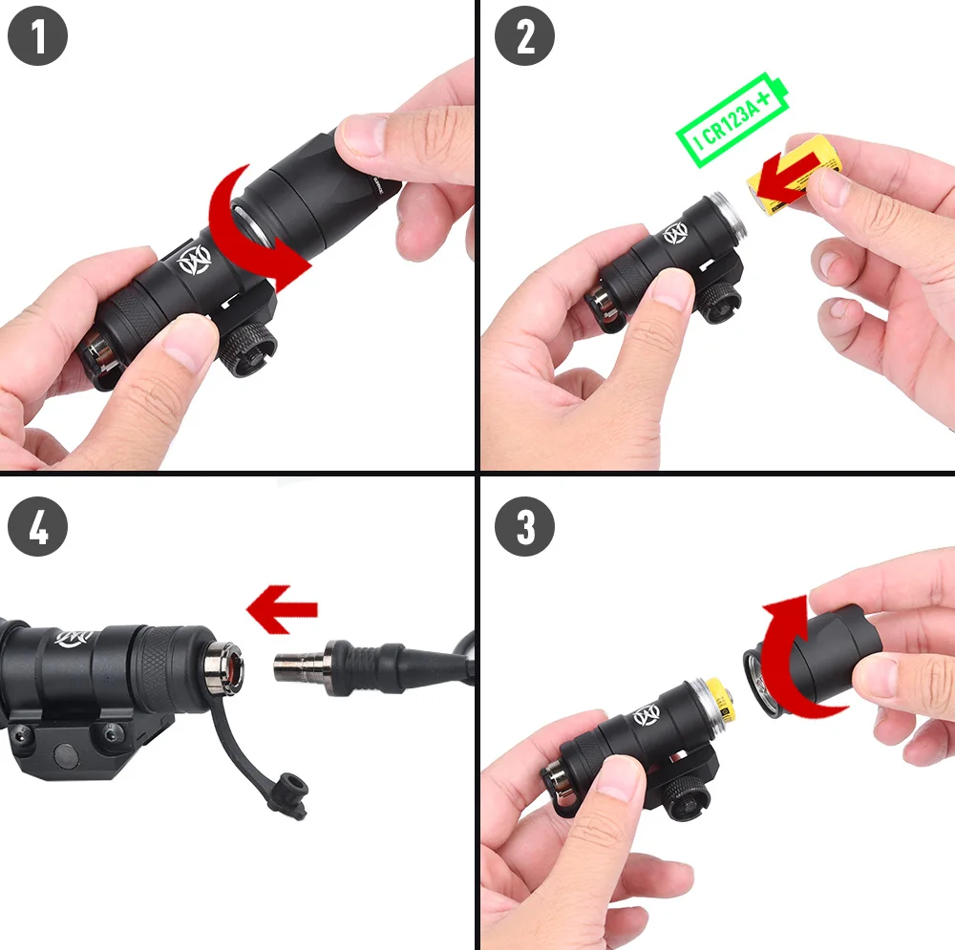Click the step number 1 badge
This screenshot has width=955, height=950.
(x=38, y=35)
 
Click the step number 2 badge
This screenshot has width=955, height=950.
(x=524, y=35)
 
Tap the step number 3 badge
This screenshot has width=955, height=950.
(x=524, y=526)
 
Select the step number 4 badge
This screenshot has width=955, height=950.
(x=38, y=526)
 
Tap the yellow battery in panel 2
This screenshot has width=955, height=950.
(x=795, y=176)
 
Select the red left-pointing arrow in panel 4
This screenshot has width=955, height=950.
(x=282, y=609)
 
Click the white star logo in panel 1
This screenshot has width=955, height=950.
(x=194, y=260)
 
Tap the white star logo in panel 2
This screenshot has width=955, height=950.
(x=675, y=233)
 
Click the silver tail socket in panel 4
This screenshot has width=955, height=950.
(x=224, y=666)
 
